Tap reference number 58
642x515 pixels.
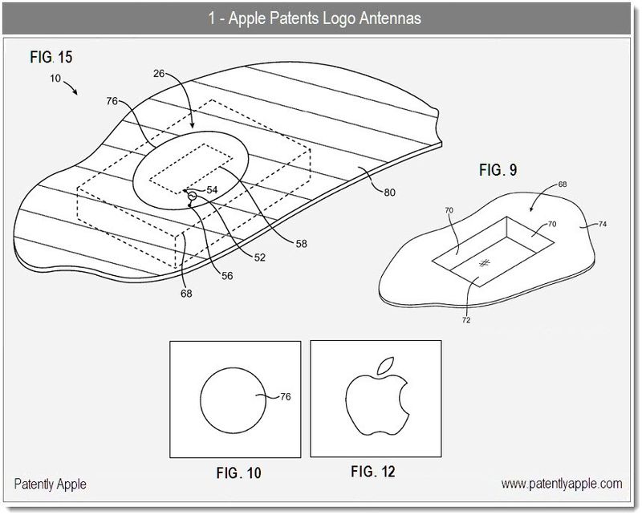(301, 243)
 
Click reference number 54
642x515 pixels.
(212, 190)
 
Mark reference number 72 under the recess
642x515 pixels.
(466, 320)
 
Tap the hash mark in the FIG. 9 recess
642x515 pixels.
(484, 263)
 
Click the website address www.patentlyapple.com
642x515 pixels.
(562, 484)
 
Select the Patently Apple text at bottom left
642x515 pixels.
(51, 485)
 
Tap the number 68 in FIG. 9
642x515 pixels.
(562, 186)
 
